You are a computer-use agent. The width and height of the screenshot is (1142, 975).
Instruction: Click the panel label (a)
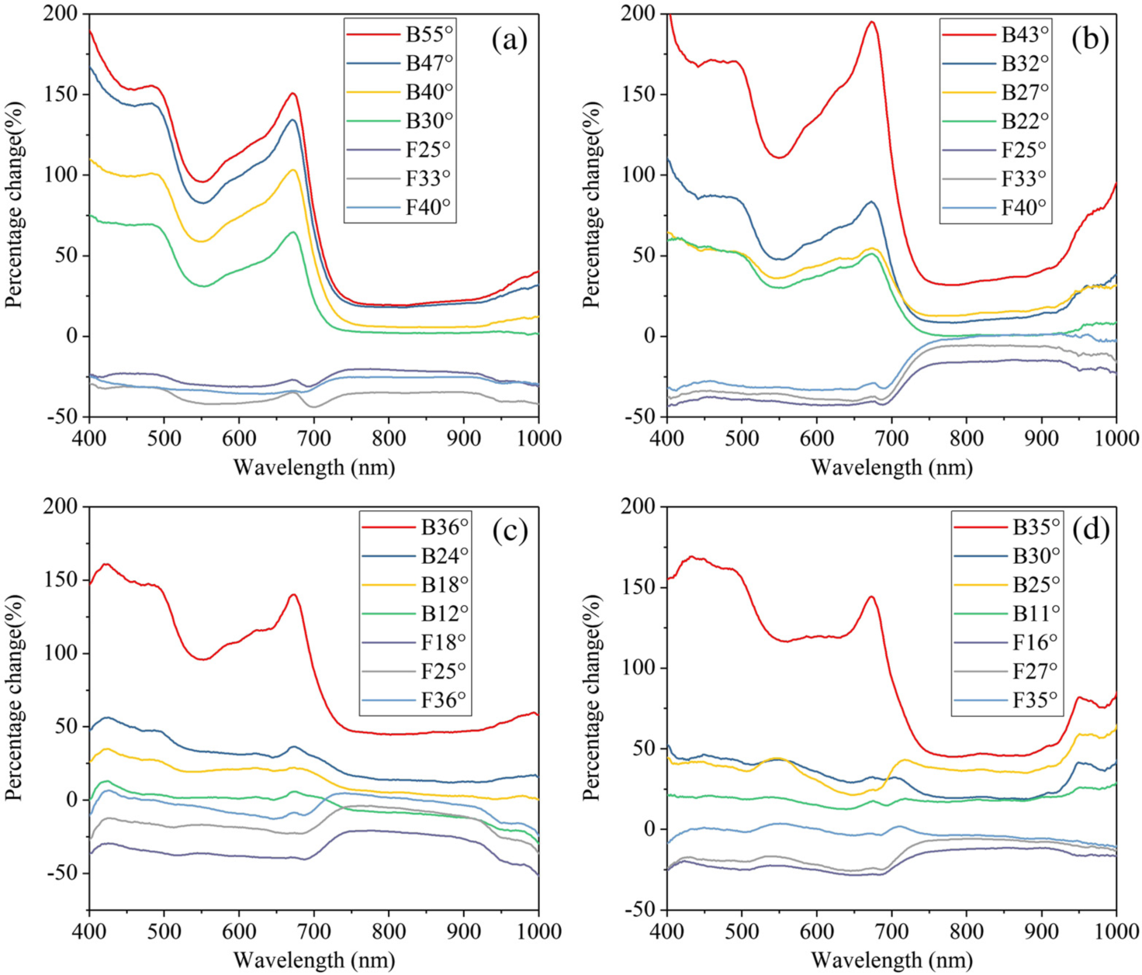pyautogui.click(x=509, y=39)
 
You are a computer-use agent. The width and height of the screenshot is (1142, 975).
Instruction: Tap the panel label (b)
pyautogui.click(x=1090, y=39)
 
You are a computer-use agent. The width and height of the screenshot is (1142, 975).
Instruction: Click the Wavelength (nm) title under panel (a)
pyautogui.click(x=314, y=467)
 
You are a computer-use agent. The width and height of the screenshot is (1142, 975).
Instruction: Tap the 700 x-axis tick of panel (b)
pyautogui.click(x=891, y=438)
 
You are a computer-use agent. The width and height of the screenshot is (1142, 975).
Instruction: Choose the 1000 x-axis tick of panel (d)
pyautogui.click(x=1116, y=930)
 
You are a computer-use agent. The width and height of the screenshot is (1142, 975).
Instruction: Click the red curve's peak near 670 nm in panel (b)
pyautogui.click(x=872, y=22)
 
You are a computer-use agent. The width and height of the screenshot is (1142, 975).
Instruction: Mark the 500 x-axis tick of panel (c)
pyautogui.click(x=164, y=930)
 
